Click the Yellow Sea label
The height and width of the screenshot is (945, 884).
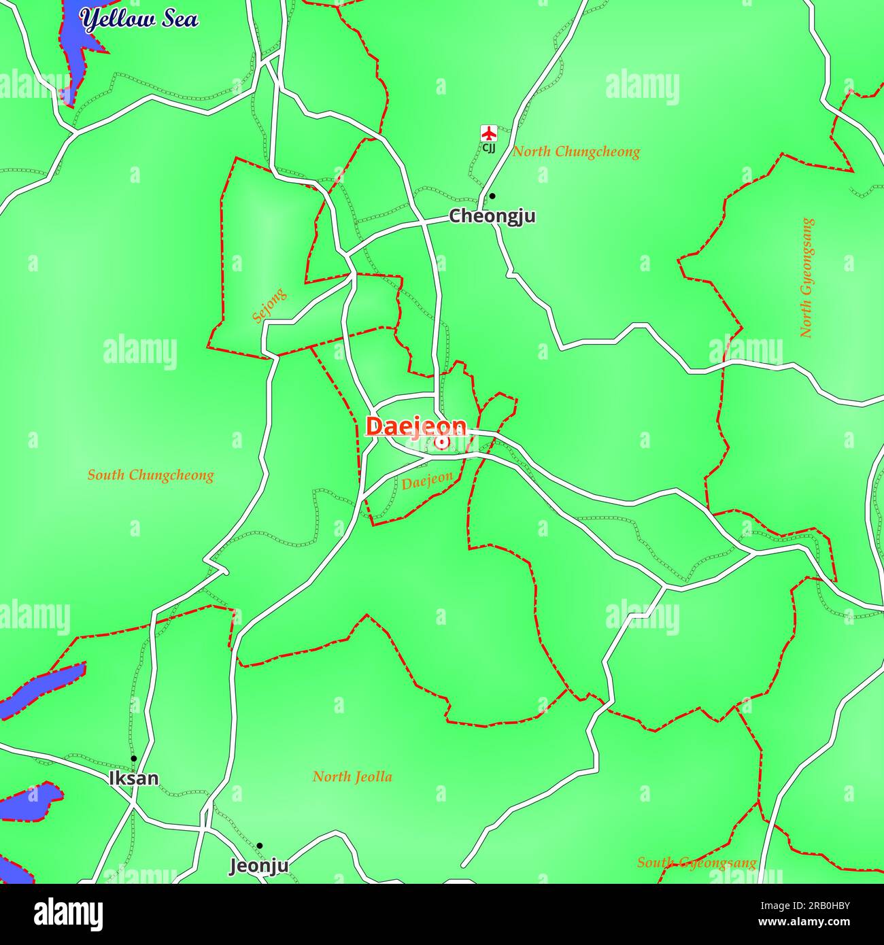tap(139, 18)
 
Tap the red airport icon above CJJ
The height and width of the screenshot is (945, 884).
tap(488, 133)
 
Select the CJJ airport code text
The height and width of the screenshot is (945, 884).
tap(489, 148)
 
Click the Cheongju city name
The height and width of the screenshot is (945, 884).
tap(492, 216)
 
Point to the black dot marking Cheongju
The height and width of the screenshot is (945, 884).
tap(492, 196)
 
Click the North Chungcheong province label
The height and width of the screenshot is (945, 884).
tap(576, 152)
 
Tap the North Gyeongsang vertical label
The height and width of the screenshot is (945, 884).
tap(806, 277)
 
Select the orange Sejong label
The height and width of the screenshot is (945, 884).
tap(269, 306)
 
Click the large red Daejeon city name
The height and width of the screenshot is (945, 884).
tap(416, 426)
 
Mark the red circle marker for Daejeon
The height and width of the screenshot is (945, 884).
tap(442, 443)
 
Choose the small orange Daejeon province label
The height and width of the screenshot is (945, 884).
tap(426, 481)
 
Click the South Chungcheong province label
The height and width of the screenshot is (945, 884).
tap(150, 475)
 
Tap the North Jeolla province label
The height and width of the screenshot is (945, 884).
tap(352, 776)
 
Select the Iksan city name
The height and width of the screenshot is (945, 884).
tap(134, 778)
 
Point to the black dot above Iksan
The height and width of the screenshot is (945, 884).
tap(134, 758)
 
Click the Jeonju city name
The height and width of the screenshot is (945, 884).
tap(258, 866)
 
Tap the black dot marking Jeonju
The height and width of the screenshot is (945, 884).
tap(259, 846)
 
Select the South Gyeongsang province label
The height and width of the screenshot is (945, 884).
tap(696, 863)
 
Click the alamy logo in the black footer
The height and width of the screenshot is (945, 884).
tap(69, 914)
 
